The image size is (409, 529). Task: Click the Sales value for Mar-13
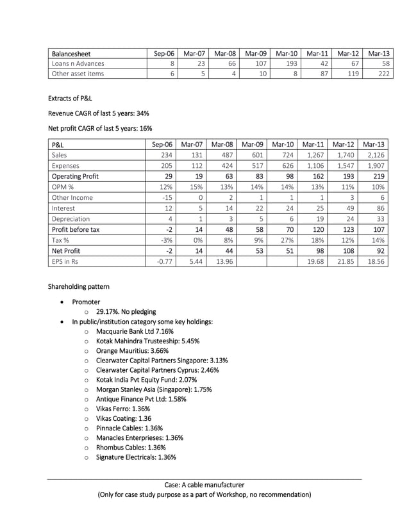point(379,155)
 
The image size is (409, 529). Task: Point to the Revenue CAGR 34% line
point(98,113)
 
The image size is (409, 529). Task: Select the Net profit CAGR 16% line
point(100,128)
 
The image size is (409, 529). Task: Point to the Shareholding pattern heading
point(78,286)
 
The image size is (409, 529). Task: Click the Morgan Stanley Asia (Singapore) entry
point(153,389)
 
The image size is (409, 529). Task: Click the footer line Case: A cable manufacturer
point(204,485)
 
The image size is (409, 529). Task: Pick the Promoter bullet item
point(86,301)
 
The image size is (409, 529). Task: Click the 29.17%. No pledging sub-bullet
point(126,311)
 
